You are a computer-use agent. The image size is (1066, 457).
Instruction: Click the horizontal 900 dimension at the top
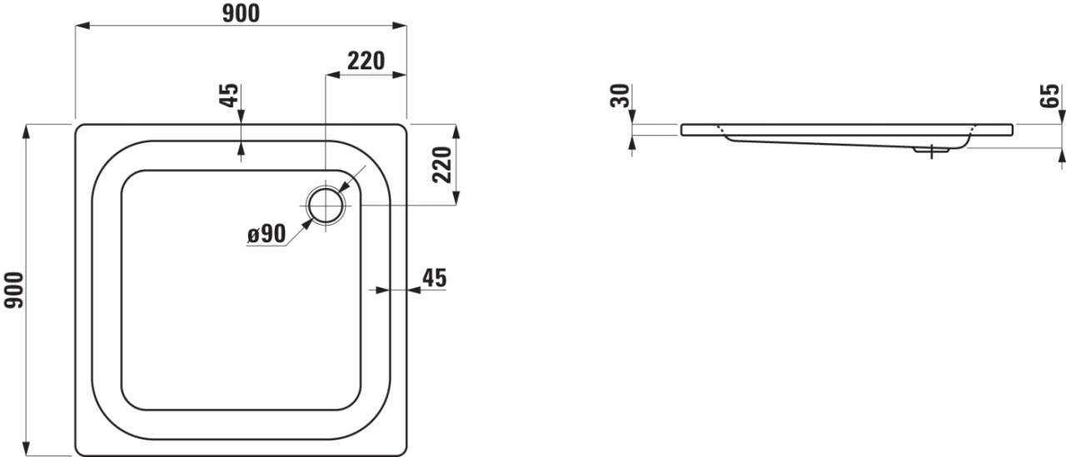(241, 13)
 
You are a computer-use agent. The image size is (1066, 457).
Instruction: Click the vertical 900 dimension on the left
(13, 290)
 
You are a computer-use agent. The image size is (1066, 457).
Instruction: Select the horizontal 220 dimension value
(366, 61)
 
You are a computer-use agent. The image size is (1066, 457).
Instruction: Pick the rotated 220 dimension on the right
(442, 165)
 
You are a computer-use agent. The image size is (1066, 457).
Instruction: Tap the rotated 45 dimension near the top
(231, 95)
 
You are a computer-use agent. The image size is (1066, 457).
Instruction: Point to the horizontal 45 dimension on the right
(435, 278)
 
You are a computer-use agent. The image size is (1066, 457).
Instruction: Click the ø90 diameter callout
(266, 233)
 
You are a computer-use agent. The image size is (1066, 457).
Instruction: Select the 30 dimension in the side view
(620, 96)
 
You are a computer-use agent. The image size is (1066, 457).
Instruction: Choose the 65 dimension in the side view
(1050, 96)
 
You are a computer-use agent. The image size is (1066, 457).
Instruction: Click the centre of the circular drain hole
(326, 206)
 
